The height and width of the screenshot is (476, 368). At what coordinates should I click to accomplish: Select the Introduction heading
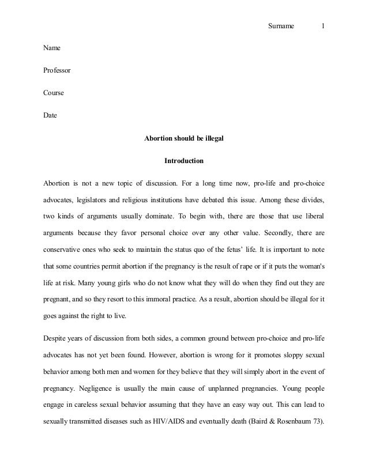click(x=183, y=160)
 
